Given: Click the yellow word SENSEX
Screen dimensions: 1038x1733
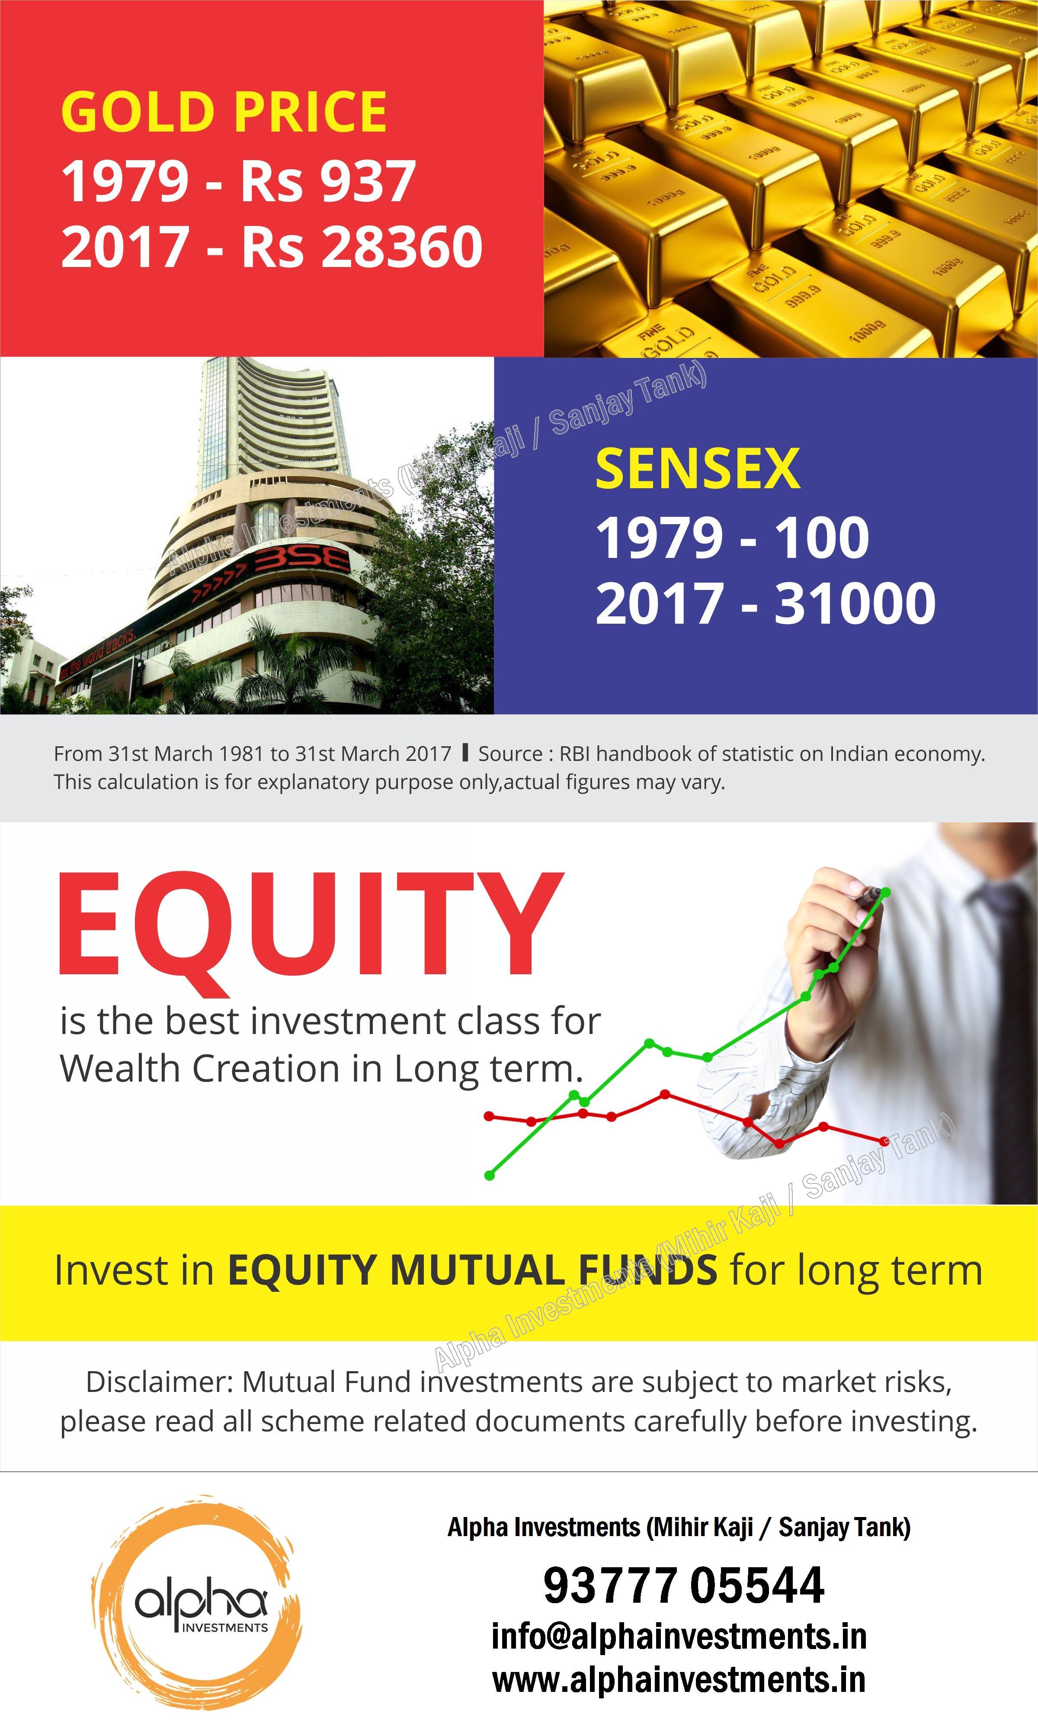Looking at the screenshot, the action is click(x=697, y=468).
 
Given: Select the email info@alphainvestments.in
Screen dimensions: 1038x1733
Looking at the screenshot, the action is click(x=679, y=1636).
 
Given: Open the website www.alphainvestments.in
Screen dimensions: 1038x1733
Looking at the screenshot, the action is click(x=679, y=1680).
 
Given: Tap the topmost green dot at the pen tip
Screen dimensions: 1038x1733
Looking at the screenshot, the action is click(x=885, y=892).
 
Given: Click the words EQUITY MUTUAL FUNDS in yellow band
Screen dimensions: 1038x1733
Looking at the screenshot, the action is click(x=472, y=1269).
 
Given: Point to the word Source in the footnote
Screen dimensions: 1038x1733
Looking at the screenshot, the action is click(x=509, y=754).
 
